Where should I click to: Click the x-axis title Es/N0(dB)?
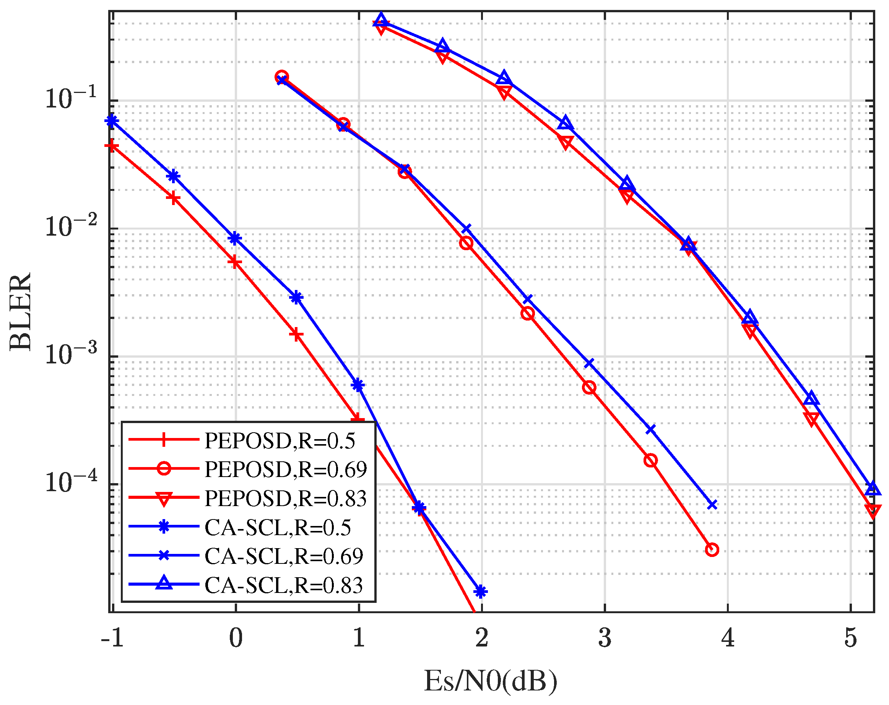(491, 681)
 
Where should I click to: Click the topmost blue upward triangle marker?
(381, 19)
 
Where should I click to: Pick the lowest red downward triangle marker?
(873, 511)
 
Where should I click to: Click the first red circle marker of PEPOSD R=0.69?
(282, 77)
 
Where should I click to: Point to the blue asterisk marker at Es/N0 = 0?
(235, 238)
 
